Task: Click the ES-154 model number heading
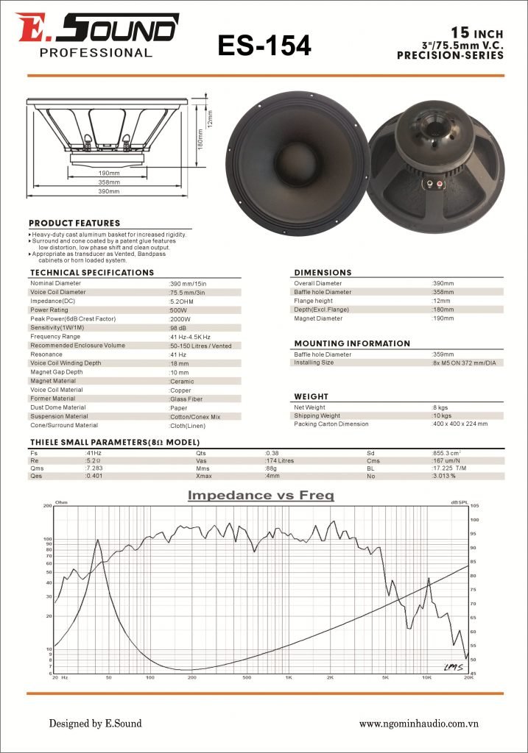click(x=264, y=46)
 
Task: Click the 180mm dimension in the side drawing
click(x=199, y=137)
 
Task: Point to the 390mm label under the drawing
click(x=109, y=192)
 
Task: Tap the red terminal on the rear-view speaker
click(x=440, y=183)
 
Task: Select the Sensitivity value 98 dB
click(x=178, y=328)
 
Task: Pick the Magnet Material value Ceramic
click(x=182, y=381)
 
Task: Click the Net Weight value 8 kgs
click(x=440, y=407)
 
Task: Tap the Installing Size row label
click(x=314, y=363)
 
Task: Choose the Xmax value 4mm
click(x=272, y=477)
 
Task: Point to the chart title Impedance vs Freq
click(x=261, y=496)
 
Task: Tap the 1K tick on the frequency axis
click(x=289, y=677)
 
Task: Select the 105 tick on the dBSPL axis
click(x=475, y=506)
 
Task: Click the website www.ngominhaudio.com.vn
click(x=419, y=724)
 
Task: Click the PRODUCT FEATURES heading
click(x=74, y=223)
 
